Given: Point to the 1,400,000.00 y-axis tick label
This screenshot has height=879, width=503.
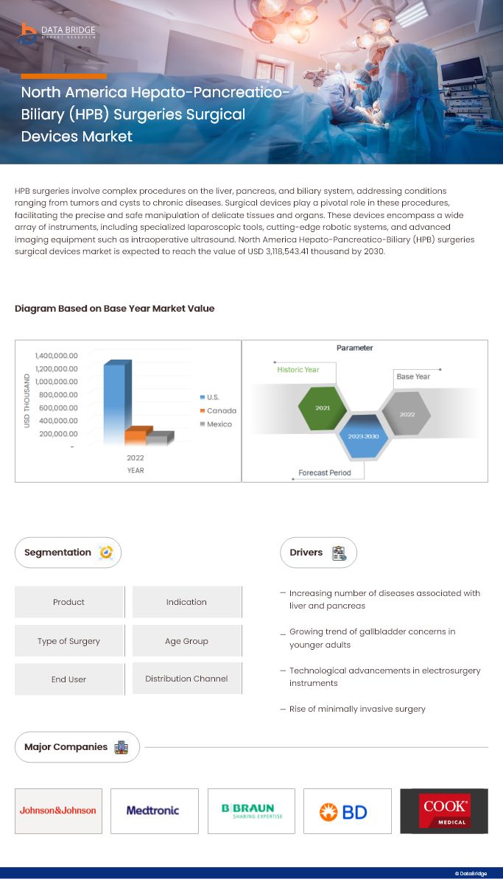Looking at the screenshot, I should pyautogui.click(x=56, y=356).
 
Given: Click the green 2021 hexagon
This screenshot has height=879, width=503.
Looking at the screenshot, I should pyautogui.click(x=323, y=407).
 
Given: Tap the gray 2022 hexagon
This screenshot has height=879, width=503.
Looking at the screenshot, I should pyautogui.click(x=407, y=414).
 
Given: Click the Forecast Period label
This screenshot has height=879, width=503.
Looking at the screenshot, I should pyautogui.click(x=325, y=472).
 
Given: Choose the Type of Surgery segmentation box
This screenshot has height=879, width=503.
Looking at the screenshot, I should pyautogui.click(x=68, y=641).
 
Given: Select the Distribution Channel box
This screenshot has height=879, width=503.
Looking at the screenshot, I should pyautogui.click(x=186, y=679).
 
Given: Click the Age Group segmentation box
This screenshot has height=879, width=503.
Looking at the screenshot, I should pyautogui.click(x=186, y=641).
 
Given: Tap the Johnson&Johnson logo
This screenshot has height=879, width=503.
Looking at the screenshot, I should pyautogui.click(x=58, y=810).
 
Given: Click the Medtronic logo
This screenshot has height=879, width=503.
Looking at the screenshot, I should pyautogui.click(x=153, y=810).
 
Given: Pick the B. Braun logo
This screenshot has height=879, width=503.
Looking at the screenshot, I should pyautogui.click(x=251, y=810).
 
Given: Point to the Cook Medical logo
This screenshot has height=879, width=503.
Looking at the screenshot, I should pyautogui.click(x=444, y=810).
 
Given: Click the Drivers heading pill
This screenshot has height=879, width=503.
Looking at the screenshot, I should pyautogui.click(x=317, y=553).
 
